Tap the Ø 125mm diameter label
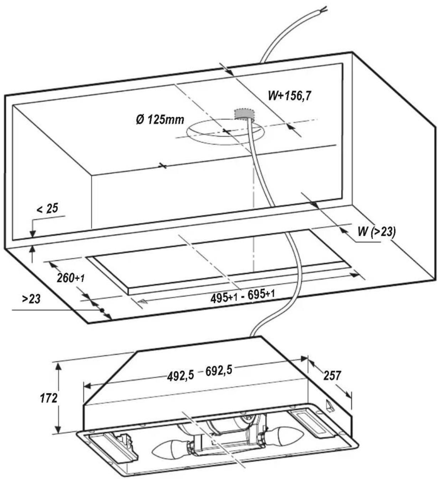click(160, 119)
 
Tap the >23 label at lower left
click(31, 299)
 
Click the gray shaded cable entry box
click(244, 114)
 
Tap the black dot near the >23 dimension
click(101, 310)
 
